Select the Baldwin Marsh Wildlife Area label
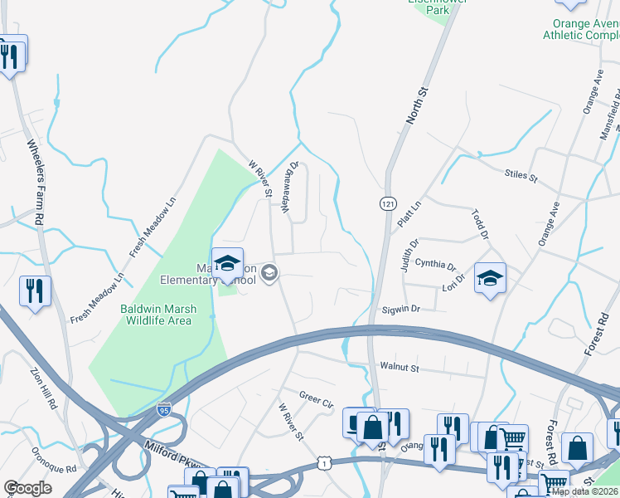click(158, 315)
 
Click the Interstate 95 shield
click(164, 410)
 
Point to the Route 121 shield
click(387, 203)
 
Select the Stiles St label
click(521, 176)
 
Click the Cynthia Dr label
click(436, 265)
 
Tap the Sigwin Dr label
click(401, 309)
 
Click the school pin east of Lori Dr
click(490, 276)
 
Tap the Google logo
click(27, 488)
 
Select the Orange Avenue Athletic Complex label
click(581, 30)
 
